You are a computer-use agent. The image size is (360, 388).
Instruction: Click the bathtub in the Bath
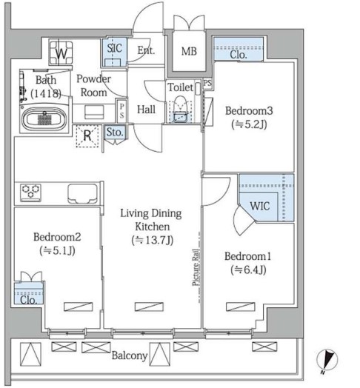pos(44,118)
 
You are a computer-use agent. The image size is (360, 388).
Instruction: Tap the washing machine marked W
pos(61,53)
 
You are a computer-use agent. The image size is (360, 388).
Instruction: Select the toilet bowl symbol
pos(181,109)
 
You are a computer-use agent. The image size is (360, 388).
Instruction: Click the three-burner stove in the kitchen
pos(30,193)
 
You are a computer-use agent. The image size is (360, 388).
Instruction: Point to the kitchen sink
pos(82,194)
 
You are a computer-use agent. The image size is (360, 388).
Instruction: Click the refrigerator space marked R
pos(87,136)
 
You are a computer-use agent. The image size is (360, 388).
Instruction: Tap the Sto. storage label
pos(115,133)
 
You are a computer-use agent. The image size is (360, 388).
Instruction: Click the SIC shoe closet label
pos(115,48)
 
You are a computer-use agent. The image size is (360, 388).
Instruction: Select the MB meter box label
pos(189,52)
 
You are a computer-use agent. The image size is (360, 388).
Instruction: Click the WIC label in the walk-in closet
pos(260,206)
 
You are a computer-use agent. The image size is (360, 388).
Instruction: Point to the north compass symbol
pos(327,360)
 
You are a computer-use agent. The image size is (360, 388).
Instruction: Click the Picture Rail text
pos(196,267)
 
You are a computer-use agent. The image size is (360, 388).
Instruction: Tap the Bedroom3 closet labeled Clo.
pos(239,49)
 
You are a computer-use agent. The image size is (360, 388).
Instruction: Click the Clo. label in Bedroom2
pos(28,300)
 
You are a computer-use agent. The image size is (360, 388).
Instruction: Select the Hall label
pos(147,110)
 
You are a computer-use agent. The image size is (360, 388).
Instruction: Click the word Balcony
pos(130,355)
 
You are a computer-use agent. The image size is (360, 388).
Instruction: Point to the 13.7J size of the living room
pos(153,240)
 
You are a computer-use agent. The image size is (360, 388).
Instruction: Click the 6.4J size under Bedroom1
pos(248,270)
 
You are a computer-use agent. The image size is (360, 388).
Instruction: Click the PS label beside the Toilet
pos(207,83)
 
